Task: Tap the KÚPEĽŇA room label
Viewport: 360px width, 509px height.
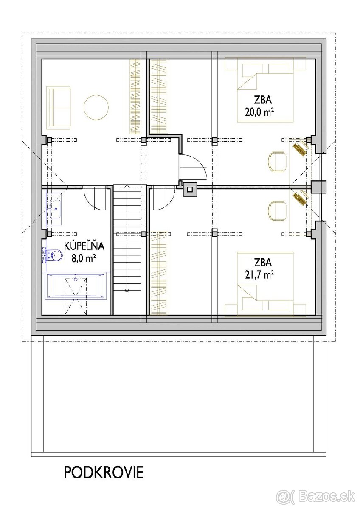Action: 84,246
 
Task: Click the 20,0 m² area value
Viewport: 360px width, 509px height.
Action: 259,112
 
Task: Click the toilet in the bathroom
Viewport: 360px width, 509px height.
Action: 53,255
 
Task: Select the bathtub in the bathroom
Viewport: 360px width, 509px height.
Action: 76,287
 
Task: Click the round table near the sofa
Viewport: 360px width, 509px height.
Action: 96,107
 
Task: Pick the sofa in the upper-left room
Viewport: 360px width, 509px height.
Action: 59,107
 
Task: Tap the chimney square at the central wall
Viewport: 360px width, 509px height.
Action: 190,189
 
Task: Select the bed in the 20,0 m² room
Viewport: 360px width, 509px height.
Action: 265,90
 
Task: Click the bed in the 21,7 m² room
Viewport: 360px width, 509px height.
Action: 265,284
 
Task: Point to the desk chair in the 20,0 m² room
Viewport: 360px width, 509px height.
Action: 277,162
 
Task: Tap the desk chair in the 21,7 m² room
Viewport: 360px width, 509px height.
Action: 277,211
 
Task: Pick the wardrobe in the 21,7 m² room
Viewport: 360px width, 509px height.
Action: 159,273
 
